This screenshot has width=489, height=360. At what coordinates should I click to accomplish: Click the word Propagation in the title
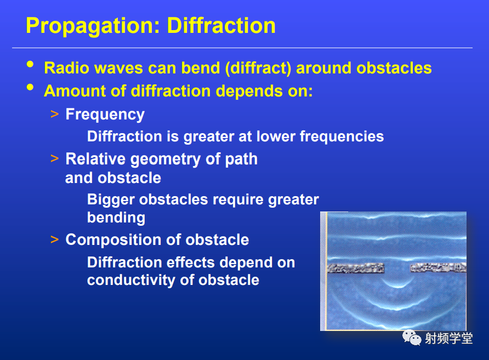93,26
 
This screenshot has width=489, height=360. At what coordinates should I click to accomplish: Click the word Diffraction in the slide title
221,25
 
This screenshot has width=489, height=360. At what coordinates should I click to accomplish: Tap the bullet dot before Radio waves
30,64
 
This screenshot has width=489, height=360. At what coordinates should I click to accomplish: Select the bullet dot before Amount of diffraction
30,87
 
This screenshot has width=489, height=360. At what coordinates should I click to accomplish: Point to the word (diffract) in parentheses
258,68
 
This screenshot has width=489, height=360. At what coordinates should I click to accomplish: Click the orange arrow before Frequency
54,114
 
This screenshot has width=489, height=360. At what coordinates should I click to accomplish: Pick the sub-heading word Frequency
105,115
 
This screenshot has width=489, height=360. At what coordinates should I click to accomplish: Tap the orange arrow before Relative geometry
54,159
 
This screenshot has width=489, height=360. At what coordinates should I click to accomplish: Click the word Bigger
111,200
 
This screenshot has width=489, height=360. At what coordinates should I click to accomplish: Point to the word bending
116,218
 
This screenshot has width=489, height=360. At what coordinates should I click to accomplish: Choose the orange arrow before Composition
54,239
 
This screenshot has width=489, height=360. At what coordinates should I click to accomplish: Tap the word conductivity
131,280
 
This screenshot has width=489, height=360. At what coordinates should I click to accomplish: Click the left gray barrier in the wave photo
356,268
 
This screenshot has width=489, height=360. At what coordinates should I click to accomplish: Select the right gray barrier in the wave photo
438,268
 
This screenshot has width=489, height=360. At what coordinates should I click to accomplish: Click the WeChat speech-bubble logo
412,338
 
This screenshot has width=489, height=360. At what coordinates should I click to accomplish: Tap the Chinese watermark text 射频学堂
449,339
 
